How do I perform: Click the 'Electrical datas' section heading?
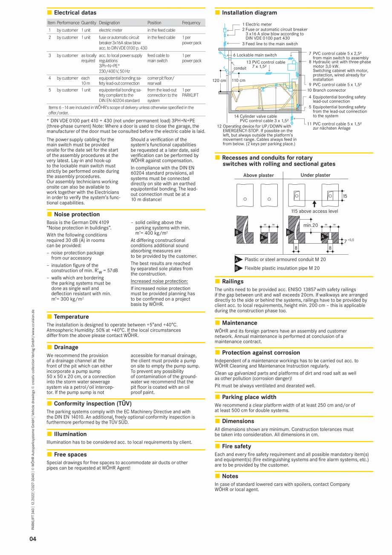pyautogui.click(x=75, y=13)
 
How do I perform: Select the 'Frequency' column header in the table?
pyautogui.click(x=191, y=23)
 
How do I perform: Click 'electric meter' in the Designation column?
pyautogui.click(x=110, y=30)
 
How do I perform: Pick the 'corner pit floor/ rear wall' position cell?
pyautogui.click(x=161, y=81)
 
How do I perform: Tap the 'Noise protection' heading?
pyautogui.click(x=77, y=214)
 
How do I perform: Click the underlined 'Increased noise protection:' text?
pyautogui.click(x=159, y=281)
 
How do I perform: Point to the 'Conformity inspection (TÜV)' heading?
pyautogui.click(x=92, y=403)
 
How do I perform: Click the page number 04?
pyautogui.click(x=33, y=539)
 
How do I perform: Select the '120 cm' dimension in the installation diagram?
pyautogui.click(x=219, y=80)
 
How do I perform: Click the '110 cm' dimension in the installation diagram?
pyautogui.click(x=239, y=80)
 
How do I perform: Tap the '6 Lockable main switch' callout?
pyautogui.click(x=254, y=55)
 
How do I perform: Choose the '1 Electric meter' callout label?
pyautogui.click(x=257, y=24)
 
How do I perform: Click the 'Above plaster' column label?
pyautogui.click(x=258, y=175)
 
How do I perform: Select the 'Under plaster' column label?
pyautogui.click(x=315, y=175)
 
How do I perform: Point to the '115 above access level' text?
pyautogui.click(x=314, y=211)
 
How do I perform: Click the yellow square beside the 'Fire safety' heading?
pyautogui.click(x=217, y=446)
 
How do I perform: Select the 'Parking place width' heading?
pyautogui.click(x=249, y=397)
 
